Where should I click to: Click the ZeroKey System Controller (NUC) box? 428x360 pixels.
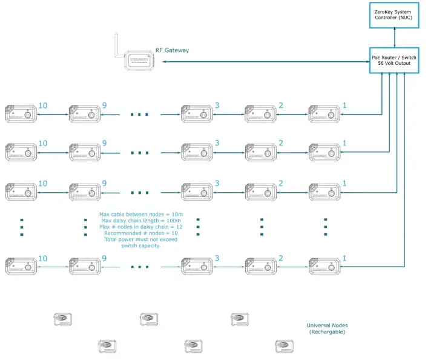pyautogui.click(x=395, y=15)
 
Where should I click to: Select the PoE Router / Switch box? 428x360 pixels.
pyautogui.click(x=394, y=61)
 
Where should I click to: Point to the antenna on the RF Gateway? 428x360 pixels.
pyautogui.click(x=117, y=46)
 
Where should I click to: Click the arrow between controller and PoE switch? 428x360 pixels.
pyautogui.click(x=395, y=37)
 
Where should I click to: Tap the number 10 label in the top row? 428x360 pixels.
pyautogui.click(x=42, y=105)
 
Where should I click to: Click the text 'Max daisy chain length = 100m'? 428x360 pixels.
pyautogui.click(x=140, y=221)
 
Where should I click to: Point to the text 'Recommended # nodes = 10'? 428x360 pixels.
pyautogui.click(x=140, y=233)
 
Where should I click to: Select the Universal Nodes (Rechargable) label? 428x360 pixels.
pyautogui.click(x=327, y=328)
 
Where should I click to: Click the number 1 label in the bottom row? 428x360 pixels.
pyautogui.click(x=344, y=258)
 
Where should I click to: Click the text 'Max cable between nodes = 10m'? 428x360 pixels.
pyautogui.click(x=140, y=215)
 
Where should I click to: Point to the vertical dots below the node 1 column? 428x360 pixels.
pyautogui.click(x=325, y=227)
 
